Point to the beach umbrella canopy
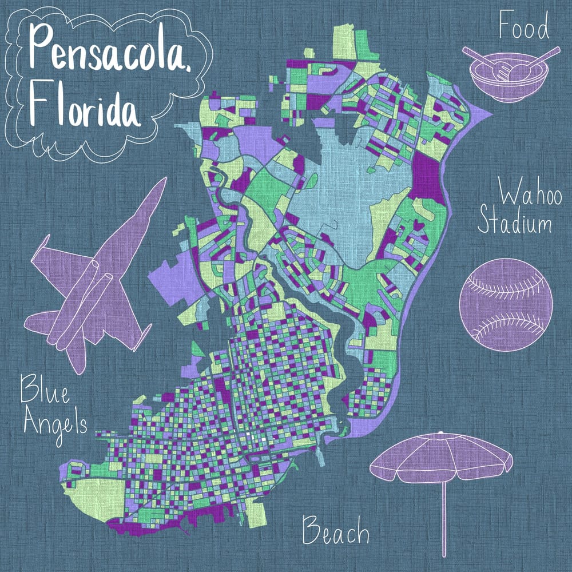coord(440,458)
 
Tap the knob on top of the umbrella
coord(439,433)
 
